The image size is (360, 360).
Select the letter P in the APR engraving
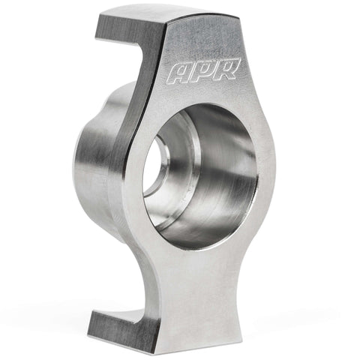(205, 71)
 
